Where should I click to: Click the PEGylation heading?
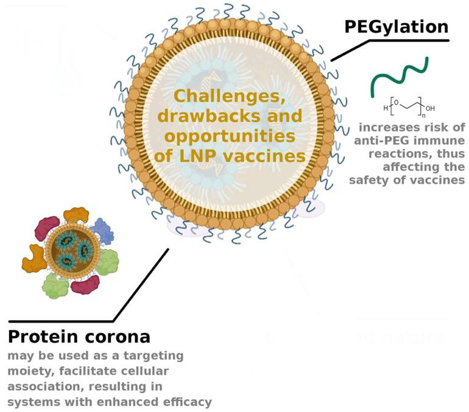[x=396, y=27]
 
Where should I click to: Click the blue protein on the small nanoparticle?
[x=101, y=232]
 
